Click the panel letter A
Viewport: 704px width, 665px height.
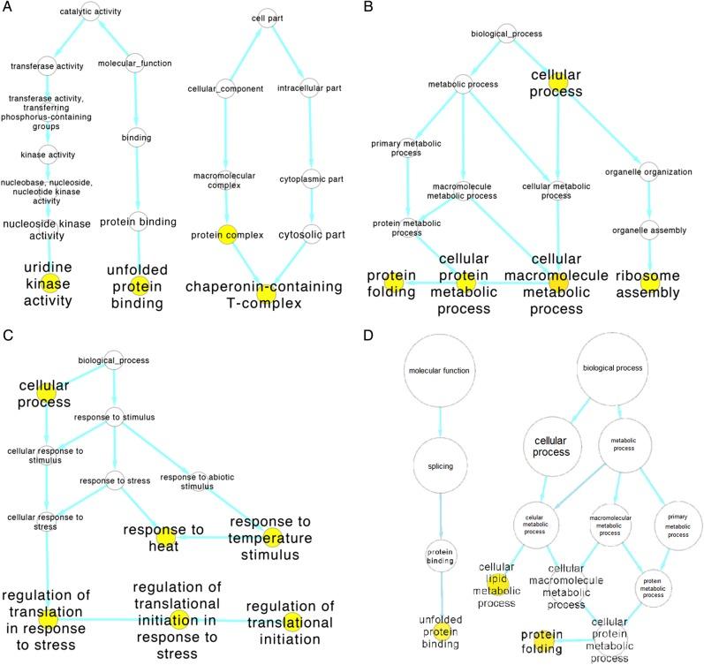[7, 7]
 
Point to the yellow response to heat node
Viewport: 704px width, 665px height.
[165, 537]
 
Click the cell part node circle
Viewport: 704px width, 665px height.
[263, 14]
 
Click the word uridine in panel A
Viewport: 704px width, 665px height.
[49, 267]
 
